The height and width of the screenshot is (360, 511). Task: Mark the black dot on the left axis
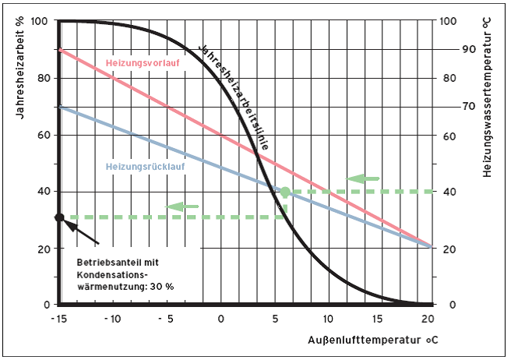pos(59,217)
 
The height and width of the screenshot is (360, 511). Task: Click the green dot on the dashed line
pos(285,192)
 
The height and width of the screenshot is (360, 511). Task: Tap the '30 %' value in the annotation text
pos(160,287)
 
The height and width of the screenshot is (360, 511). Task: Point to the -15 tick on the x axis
pos(58,319)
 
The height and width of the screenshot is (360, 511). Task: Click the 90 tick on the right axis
pos(446,49)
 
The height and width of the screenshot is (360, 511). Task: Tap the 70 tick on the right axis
pos(446,106)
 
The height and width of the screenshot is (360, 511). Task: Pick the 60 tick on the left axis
pos(44,135)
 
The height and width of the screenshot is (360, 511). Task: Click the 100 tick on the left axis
pos(41,21)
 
